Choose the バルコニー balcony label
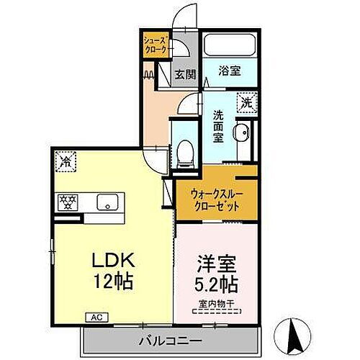pos(170,338)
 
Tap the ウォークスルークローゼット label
pos(215,199)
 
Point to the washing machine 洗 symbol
pos(246,102)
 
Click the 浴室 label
pos(231,71)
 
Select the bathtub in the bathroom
pos(231,45)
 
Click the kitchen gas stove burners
pos(68,202)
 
